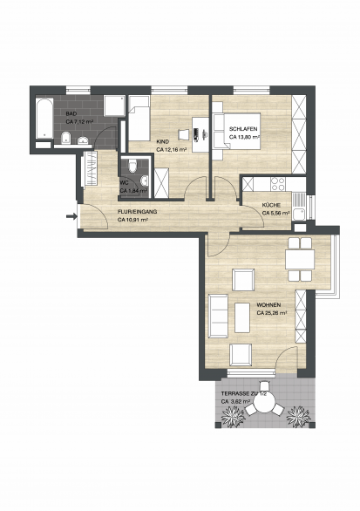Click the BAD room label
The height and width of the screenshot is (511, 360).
[x=71, y=114]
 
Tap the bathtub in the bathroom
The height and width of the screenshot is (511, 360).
[x=44, y=119]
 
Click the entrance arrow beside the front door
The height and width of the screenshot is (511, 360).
[x=71, y=215]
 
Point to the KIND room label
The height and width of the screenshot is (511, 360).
[x=163, y=142]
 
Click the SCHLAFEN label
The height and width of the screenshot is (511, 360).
[x=243, y=129]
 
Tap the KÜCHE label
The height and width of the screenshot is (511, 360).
[x=271, y=205]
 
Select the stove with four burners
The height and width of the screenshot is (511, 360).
[x=278, y=184]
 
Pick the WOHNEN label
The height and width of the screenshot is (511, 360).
[x=268, y=305]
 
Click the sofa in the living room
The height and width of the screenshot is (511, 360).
[x=218, y=317]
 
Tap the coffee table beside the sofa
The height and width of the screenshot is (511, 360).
[x=242, y=317]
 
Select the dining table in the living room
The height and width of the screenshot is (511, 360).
[x=300, y=259]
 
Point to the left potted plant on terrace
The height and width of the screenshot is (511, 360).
[x=234, y=416]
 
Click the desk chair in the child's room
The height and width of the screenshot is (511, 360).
[x=183, y=134]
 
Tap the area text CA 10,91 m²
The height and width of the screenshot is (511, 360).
[x=132, y=220]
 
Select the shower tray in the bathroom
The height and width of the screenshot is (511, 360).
[x=114, y=106]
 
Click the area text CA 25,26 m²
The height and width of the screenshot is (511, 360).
[x=271, y=313]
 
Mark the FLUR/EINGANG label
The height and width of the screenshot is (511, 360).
[x=137, y=212]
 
